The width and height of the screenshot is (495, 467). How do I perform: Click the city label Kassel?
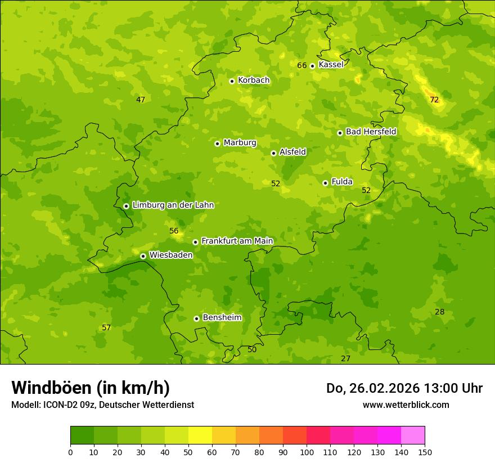pyautogui.click(x=331, y=65)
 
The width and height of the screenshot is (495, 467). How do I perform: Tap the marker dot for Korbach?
pyautogui.click(x=232, y=81)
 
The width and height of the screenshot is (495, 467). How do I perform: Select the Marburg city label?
pyautogui.click(x=240, y=143)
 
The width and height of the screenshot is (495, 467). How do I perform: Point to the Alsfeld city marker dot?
pyautogui.click(x=273, y=153)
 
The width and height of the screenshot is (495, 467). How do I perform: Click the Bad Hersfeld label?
pyautogui.click(x=371, y=132)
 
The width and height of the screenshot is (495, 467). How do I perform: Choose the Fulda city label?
pyautogui.click(x=342, y=182)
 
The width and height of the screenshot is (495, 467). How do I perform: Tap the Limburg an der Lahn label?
pyautogui.click(x=173, y=205)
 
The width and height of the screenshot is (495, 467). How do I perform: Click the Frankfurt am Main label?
pyautogui.click(x=237, y=241)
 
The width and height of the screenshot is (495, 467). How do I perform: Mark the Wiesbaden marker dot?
pyautogui.click(x=143, y=256)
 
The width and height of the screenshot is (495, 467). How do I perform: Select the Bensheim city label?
pyautogui.click(x=222, y=318)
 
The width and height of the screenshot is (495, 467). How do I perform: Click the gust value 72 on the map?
pyautogui.click(x=434, y=100)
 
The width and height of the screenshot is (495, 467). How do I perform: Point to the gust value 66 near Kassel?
pyautogui.click(x=302, y=65)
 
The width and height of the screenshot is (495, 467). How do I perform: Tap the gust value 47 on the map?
pyautogui.click(x=141, y=100)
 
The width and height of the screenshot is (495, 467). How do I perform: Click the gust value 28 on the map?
pyautogui.click(x=440, y=312)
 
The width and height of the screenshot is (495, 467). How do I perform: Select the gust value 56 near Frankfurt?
pyautogui.click(x=174, y=231)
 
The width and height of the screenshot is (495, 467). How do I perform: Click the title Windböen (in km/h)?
pyautogui.click(x=91, y=388)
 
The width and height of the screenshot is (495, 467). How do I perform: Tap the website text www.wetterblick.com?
pyautogui.click(x=406, y=405)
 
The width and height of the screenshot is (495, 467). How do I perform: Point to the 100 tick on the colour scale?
pyautogui.click(x=307, y=452)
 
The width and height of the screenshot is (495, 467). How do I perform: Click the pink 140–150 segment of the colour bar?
pyautogui.click(x=413, y=435)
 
